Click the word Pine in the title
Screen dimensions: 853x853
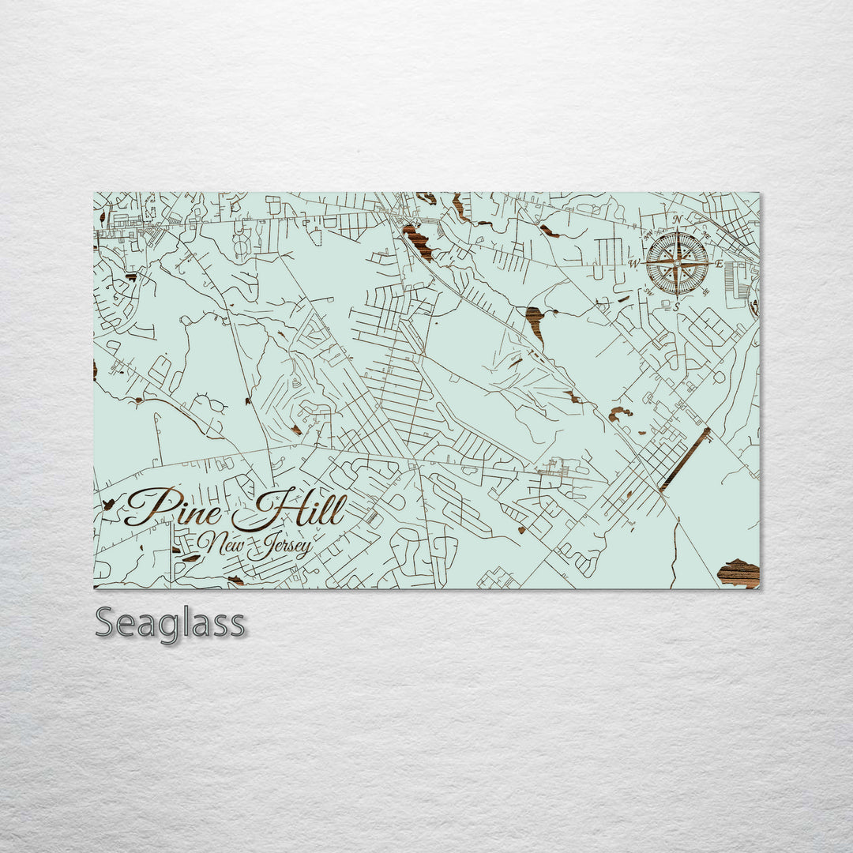(175, 507)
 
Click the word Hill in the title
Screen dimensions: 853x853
(291, 513)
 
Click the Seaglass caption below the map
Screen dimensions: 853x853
(170, 623)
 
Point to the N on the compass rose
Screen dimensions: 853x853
(677, 220)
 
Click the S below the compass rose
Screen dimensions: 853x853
(677, 306)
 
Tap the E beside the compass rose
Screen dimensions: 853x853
(719, 263)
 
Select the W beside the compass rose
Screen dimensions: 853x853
(633, 263)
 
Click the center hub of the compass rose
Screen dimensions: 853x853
(677, 263)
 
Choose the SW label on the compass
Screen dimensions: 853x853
(648, 291)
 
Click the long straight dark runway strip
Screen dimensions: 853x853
(685, 460)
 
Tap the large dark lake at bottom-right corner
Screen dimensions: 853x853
(739, 573)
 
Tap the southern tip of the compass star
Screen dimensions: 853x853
(677, 295)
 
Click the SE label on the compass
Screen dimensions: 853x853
(705, 291)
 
